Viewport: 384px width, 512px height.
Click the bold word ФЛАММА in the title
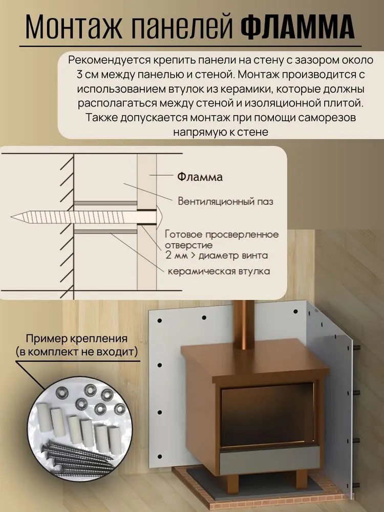(297, 27)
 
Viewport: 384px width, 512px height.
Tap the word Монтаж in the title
(74, 27)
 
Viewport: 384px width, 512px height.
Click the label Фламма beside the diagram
(200, 177)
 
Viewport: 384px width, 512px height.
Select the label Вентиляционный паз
(225, 201)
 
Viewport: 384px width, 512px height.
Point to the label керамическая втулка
(219, 271)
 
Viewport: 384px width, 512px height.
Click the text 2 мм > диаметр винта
(217, 255)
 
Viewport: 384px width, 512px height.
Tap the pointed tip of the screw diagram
(12, 217)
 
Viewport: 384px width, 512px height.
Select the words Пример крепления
(77, 338)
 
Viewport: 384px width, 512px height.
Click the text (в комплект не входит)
(77, 352)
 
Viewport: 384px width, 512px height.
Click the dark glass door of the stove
(267, 416)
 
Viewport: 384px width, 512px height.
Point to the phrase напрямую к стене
(220, 132)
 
